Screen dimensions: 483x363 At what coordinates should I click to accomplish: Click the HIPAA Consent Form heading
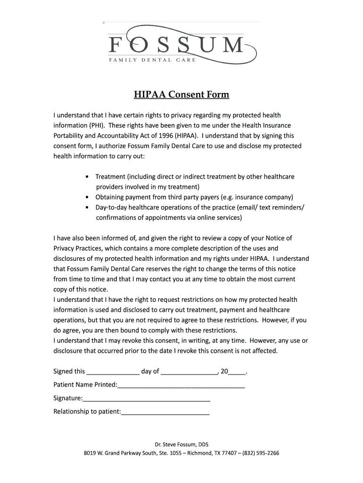click(x=181, y=95)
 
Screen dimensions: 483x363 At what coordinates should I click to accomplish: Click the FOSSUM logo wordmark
click(x=177, y=45)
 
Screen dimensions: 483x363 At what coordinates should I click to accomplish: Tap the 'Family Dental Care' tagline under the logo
click(x=152, y=60)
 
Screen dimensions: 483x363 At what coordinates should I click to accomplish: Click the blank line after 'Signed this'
click(x=113, y=372)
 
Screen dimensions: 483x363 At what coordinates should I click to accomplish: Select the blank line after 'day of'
click(x=189, y=372)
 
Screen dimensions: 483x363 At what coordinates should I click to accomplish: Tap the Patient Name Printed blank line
click(x=181, y=385)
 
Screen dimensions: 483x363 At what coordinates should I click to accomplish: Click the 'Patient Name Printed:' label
click(x=85, y=385)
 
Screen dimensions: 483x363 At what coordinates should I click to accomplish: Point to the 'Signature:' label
click(x=68, y=398)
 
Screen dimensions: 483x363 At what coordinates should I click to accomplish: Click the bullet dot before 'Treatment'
click(x=88, y=177)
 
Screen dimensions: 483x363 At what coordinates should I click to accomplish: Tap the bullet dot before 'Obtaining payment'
click(x=88, y=197)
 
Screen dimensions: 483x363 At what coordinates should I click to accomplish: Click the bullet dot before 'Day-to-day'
click(x=88, y=208)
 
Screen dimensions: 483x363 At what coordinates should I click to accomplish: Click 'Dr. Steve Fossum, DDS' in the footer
click(x=181, y=444)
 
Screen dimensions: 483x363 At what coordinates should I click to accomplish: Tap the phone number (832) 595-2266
click(x=261, y=454)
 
